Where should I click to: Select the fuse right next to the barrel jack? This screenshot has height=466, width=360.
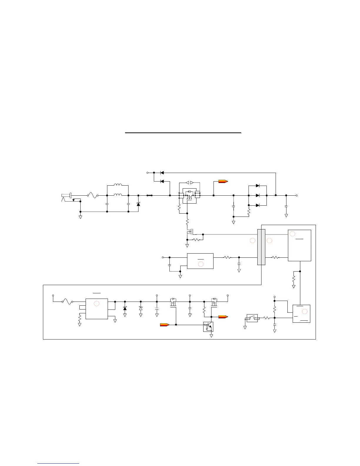click(x=93, y=195)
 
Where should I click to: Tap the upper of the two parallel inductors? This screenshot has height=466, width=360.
click(x=118, y=185)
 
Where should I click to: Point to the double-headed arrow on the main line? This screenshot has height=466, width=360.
click(x=149, y=195)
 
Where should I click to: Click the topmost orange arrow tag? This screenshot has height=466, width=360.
click(x=223, y=182)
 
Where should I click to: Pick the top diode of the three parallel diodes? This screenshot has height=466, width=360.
click(x=258, y=186)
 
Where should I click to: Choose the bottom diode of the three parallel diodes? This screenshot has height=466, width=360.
click(x=258, y=205)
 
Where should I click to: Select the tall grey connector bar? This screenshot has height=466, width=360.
click(x=261, y=247)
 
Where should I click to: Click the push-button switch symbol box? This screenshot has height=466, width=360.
click(x=252, y=318)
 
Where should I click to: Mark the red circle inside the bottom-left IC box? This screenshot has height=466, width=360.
click(x=96, y=304)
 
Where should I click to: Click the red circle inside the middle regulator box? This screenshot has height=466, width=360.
click(x=201, y=264)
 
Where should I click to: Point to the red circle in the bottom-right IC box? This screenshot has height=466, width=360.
click(x=305, y=311)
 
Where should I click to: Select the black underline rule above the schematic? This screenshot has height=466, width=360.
click(x=183, y=133)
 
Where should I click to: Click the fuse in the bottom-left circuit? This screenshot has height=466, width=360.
click(x=67, y=301)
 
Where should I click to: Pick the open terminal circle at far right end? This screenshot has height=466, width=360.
click(x=297, y=195)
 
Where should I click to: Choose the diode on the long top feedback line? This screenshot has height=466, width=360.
click(x=162, y=173)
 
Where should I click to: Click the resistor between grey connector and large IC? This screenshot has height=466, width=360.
click(x=275, y=257)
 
